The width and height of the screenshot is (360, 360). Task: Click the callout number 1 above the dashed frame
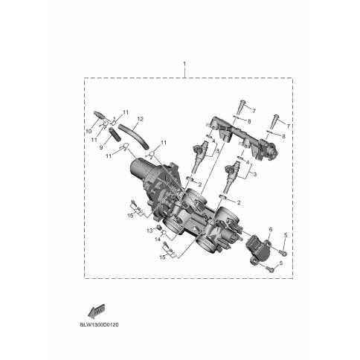click(x=184, y=64)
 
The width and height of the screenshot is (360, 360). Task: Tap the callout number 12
click(x=140, y=119)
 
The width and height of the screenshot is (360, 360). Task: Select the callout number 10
click(x=89, y=132)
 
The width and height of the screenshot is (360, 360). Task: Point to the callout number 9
click(x=101, y=147)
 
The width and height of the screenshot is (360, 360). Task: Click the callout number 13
click(x=150, y=231)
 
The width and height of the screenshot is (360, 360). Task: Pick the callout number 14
click(x=158, y=240)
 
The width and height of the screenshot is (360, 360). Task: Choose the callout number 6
click(x=271, y=230)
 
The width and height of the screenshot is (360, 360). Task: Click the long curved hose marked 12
click(x=134, y=136)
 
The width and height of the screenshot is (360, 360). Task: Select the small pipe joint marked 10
click(x=100, y=115)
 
